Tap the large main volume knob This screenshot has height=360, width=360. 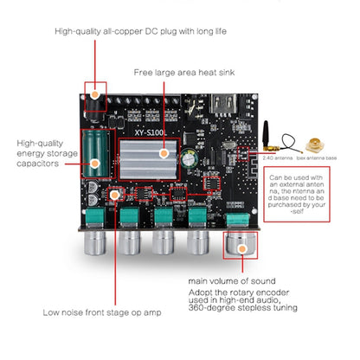[242, 248]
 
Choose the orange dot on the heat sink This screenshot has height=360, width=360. [164, 153]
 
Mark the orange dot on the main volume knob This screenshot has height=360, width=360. [242, 249]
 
